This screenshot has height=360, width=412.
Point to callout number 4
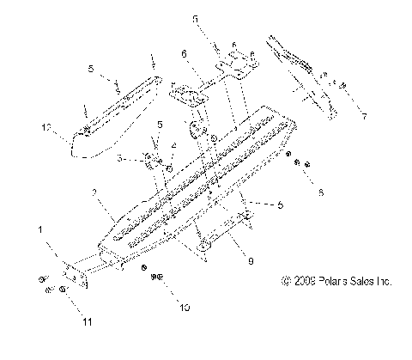[x=174, y=147]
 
